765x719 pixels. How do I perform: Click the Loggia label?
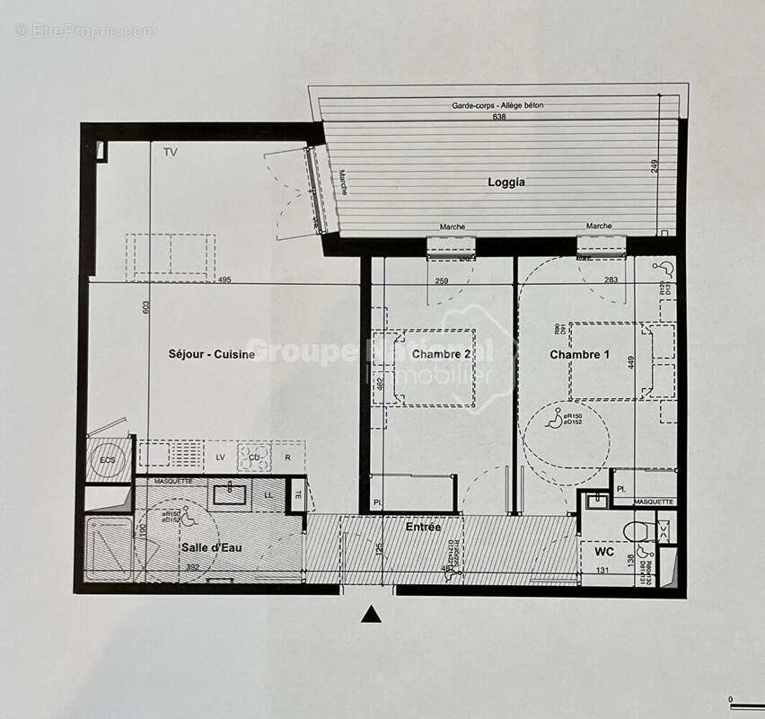(x=506, y=182)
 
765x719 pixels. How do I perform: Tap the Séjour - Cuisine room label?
(x=212, y=354)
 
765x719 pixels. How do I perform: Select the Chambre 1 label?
(x=579, y=355)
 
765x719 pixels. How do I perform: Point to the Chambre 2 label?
(x=442, y=354)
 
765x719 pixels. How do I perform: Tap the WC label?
(x=604, y=552)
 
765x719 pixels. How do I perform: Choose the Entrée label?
(x=423, y=527)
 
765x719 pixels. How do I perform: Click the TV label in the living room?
(x=170, y=153)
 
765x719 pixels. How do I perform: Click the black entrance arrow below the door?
(x=370, y=615)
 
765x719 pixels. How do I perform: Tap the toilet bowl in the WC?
(x=637, y=530)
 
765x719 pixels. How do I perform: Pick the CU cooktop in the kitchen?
(x=254, y=457)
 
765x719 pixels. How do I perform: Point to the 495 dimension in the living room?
(x=224, y=280)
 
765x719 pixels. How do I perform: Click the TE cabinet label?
(x=297, y=493)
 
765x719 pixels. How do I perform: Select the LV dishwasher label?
(x=220, y=457)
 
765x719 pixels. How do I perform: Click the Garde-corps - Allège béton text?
(x=497, y=105)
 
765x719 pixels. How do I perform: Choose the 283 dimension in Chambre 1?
(x=611, y=280)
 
